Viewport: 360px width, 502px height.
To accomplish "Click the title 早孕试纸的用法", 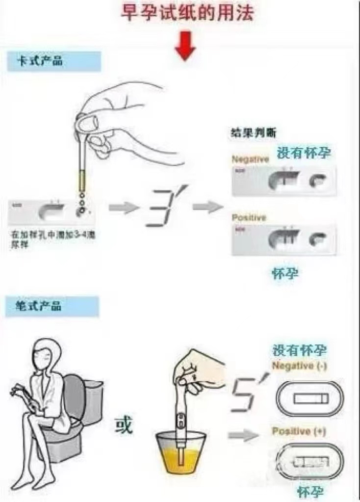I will point(188,13).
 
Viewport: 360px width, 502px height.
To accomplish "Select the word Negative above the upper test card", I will point(250,159).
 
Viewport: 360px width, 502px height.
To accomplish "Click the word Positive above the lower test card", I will point(249,217).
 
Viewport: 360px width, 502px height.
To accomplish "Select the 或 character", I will point(124,425).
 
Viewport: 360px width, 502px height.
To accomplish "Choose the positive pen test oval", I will point(310,462).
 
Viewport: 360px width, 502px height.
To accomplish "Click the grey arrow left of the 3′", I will point(122,208).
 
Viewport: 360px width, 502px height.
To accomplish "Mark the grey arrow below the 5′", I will point(243,434).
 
